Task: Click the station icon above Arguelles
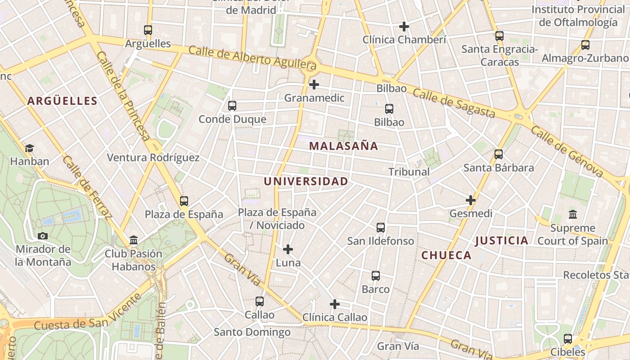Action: pos(148,30)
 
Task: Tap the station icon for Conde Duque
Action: pos(232,106)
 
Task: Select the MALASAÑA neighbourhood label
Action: pos(344,146)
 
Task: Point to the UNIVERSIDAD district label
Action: pos(306,181)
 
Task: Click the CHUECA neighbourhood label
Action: pos(446,255)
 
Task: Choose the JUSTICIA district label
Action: pos(502,240)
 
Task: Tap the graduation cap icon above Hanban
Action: pos(29,148)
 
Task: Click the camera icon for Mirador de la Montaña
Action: pos(43,236)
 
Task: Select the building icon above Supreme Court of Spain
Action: pos(573,214)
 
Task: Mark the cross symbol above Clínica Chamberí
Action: pos(404,26)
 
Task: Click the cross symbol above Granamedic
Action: pos(314,84)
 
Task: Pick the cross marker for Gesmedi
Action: pos(471,200)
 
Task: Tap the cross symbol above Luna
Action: pos(288,249)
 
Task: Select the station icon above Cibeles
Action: pos(568,338)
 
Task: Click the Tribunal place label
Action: pos(409,171)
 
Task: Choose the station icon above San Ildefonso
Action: pos(381,227)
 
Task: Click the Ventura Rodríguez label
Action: pos(153,157)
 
